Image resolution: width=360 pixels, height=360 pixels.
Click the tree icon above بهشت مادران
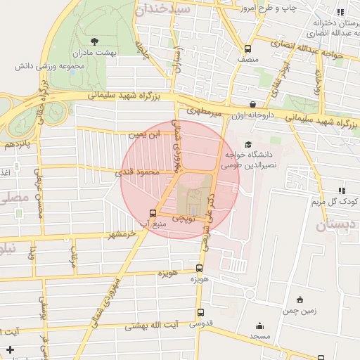point(95,41)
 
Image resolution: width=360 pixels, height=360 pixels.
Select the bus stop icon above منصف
point(247,49)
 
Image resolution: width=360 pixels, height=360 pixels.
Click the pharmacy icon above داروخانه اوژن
point(252,104)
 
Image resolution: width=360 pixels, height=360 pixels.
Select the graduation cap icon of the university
point(247,144)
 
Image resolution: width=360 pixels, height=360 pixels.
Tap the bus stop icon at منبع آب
point(153,214)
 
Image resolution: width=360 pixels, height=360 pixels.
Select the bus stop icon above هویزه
point(199,268)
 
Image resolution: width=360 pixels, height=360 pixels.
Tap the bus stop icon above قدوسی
point(201,313)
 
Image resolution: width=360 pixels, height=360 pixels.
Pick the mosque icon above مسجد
point(260,326)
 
